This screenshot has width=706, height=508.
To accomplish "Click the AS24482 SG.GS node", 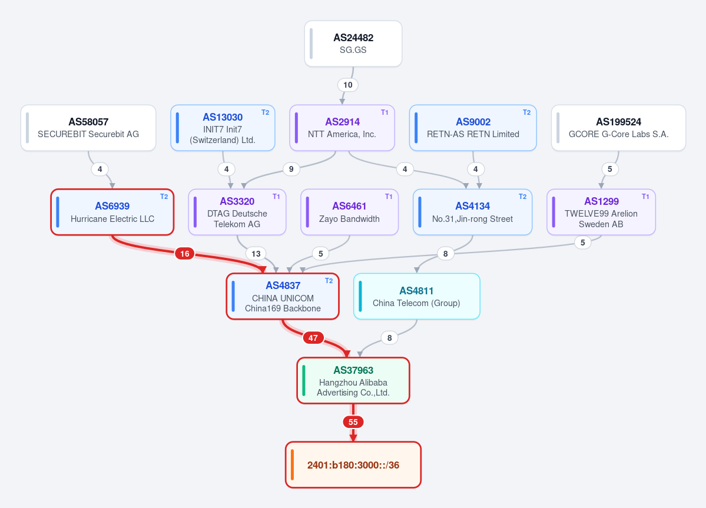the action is point(353,44).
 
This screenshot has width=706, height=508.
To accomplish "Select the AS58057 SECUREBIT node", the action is point(88,128).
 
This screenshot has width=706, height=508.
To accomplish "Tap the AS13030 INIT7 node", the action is point(223,128).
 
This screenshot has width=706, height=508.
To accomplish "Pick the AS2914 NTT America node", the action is point(342,128).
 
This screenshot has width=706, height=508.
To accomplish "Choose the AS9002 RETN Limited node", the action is point(473,128).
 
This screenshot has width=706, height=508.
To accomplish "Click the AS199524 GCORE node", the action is point(619,128).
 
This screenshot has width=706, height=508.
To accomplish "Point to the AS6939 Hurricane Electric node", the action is point(112,212).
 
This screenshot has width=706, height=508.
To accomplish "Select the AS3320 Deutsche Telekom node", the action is point(237,212).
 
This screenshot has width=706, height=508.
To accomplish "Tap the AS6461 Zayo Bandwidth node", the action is point(349,212).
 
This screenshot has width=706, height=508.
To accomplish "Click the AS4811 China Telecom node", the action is point(417,297).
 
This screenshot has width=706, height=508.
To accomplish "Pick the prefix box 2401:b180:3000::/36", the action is point(353,465).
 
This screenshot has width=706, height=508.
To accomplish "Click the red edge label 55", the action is point(353,422).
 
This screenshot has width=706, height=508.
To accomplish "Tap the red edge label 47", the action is point(313,337).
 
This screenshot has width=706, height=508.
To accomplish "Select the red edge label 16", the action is point(185,254).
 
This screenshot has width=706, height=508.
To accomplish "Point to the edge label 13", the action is point(256,254).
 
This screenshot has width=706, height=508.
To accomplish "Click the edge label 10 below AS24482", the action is point(348,85).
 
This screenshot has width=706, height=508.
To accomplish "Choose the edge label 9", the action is point(291,169).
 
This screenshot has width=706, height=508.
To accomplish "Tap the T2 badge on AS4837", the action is point(329,281).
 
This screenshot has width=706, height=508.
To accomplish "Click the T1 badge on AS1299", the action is point(646,197).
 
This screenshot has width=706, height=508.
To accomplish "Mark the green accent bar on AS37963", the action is point(304,381).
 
